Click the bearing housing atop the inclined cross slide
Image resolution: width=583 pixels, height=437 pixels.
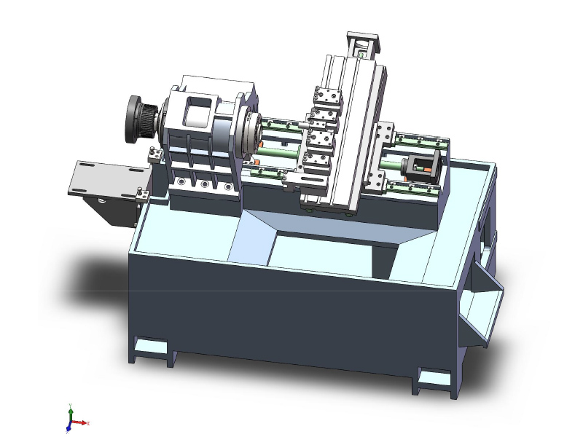[x=363, y=45]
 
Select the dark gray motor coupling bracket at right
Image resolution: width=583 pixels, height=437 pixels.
[x=422, y=168]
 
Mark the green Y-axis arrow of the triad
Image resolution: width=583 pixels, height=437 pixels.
[x=70, y=409]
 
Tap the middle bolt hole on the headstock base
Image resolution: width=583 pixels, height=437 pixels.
[x=206, y=186]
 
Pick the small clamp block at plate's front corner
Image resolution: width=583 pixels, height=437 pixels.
[x=144, y=193]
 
